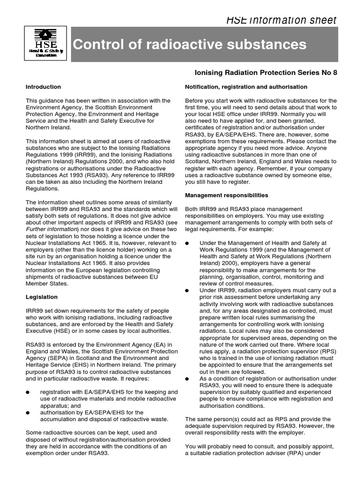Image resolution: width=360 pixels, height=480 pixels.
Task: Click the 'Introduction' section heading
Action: coord(43,87)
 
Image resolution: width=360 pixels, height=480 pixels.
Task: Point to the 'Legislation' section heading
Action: coord(42,297)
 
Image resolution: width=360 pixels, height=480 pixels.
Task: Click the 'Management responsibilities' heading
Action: coord(226,195)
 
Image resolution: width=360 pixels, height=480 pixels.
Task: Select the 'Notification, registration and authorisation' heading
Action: coord(246,87)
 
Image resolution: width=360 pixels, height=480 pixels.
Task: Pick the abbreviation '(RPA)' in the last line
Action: coord(303,453)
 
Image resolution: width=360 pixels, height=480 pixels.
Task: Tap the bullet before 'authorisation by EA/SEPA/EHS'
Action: coord(28,412)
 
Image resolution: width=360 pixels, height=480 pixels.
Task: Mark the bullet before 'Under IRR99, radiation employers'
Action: coord(187,291)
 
